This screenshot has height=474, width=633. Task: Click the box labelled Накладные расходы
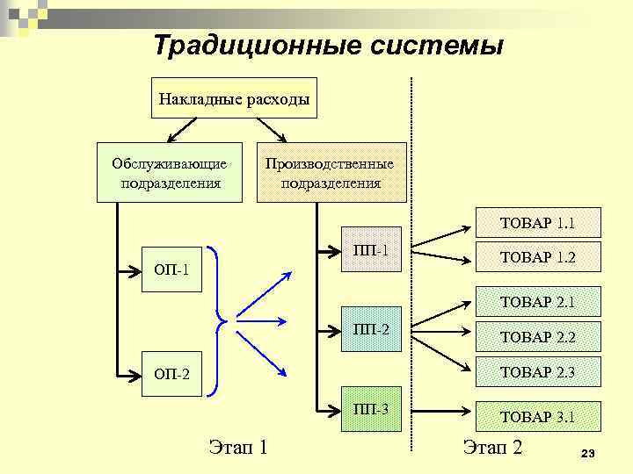(234, 98)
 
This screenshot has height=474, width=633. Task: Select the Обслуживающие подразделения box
(170, 173)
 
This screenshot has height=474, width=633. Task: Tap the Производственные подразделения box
(331, 173)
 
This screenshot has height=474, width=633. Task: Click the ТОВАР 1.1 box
(537, 223)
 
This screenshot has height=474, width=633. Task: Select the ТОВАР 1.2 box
(537, 257)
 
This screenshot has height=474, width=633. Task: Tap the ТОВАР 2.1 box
(537, 302)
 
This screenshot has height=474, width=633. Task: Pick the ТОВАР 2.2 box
(537, 336)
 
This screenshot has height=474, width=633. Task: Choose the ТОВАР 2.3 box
(537, 371)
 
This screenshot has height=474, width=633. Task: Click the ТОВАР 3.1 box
(537, 416)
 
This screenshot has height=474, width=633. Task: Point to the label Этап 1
(236, 448)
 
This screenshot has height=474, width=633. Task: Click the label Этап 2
(492, 448)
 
